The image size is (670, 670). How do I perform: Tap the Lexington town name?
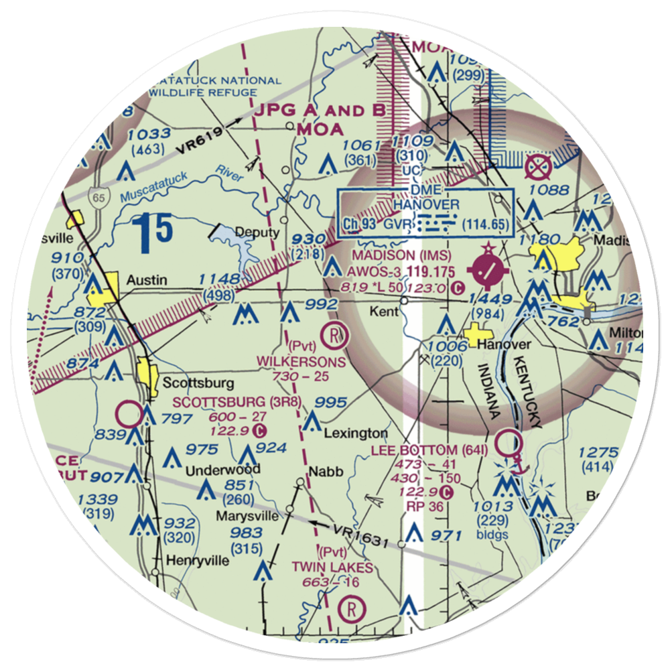tap(356, 433)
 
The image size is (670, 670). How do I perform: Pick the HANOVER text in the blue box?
tap(426, 204)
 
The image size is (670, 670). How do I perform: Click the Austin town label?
tap(147, 280)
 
